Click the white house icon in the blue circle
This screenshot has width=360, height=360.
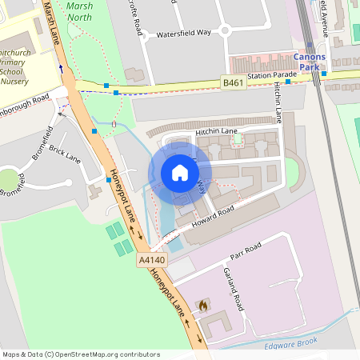(180, 173)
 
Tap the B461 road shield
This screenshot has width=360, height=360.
(232, 82)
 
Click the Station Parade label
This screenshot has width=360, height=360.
(271, 75)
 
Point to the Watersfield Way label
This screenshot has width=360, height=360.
(183, 35)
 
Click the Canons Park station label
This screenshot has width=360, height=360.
(309, 62)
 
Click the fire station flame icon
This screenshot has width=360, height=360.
(203, 306)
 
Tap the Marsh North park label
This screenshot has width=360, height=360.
(80, 10)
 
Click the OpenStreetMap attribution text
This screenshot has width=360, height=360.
(81, 354)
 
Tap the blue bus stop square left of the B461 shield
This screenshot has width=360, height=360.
(117, 93)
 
